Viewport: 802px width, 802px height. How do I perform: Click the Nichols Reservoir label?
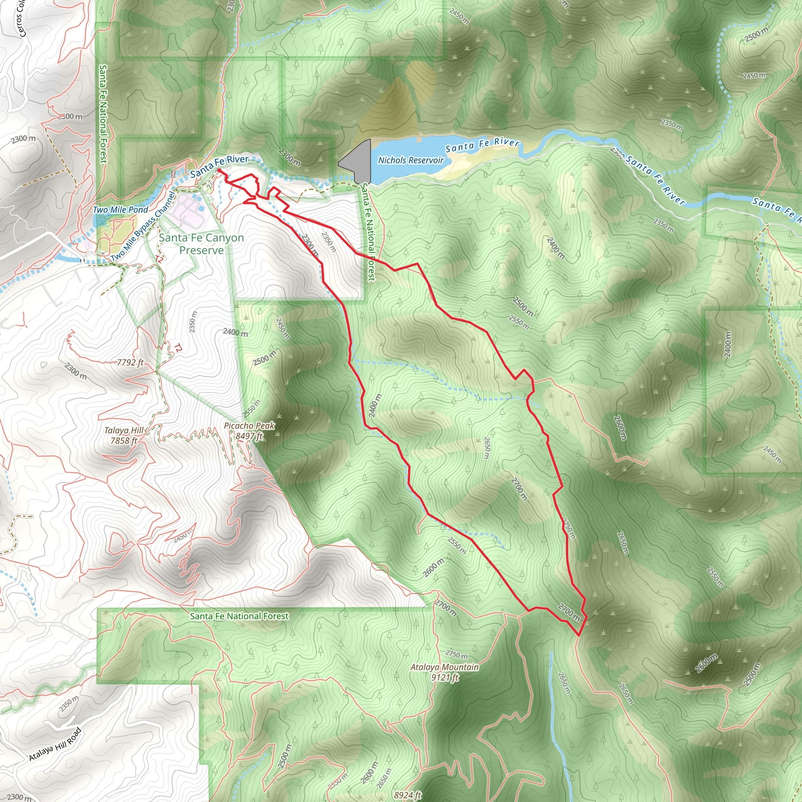tap(410, 160)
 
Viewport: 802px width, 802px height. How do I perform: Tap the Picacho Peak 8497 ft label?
tap(249, 431)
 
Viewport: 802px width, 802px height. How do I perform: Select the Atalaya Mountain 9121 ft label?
tap(444, 672)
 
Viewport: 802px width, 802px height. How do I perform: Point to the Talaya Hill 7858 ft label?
tap(124, 435)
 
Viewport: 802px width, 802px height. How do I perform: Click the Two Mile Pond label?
tap(120, 210)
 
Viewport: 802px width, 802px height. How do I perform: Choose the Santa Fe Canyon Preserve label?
tap(201, 244)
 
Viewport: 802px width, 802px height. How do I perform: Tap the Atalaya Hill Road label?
tap(55, 744)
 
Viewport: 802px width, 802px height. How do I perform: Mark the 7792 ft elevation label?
tap(130, 362)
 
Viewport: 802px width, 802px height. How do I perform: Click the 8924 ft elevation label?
tap(408, 795)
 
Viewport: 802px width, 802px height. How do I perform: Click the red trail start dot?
tap(219, 170)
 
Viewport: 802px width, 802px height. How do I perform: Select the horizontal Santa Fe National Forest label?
tap(239, 616)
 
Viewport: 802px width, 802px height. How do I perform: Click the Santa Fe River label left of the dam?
tap(219, 165)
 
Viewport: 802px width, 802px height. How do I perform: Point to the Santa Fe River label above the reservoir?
tap(482, 145)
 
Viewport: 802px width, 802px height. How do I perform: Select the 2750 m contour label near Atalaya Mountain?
tap(456, 655)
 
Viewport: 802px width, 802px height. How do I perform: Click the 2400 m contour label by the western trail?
tap(374, 406)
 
